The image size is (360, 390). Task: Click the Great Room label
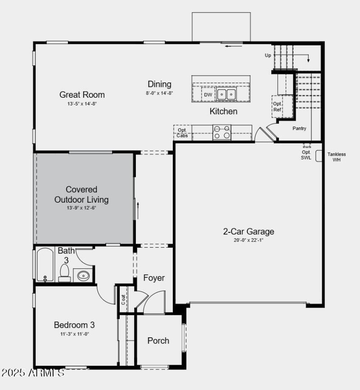tap(82, 95)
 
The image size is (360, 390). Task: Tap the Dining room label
tap(159, 84)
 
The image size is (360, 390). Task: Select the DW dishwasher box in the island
tap(208, 95)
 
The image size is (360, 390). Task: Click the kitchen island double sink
tap(226, 95)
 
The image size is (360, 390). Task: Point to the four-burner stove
tap(221, 132)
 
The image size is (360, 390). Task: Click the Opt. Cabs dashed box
tap(182, 132)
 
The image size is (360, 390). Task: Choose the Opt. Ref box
tap(278, 106)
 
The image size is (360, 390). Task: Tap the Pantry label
tap(299, 128)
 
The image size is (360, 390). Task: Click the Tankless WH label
tap(337, 157)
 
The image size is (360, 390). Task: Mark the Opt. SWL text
tap(306, 154)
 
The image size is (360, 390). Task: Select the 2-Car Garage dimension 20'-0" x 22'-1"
tap(248, 240)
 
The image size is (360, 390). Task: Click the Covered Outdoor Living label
tap(81, 194)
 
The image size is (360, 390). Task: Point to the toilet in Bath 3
tap(64, 273)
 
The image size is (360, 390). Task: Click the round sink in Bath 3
tap(83, 275)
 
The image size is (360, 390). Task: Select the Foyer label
tap(154, 278)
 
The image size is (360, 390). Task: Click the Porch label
tap(158, 340)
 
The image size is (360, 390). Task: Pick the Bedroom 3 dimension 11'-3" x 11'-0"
tap(74, 334)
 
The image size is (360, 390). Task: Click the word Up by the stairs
tap(268, 55)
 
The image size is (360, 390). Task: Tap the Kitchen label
tap(223, 111)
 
